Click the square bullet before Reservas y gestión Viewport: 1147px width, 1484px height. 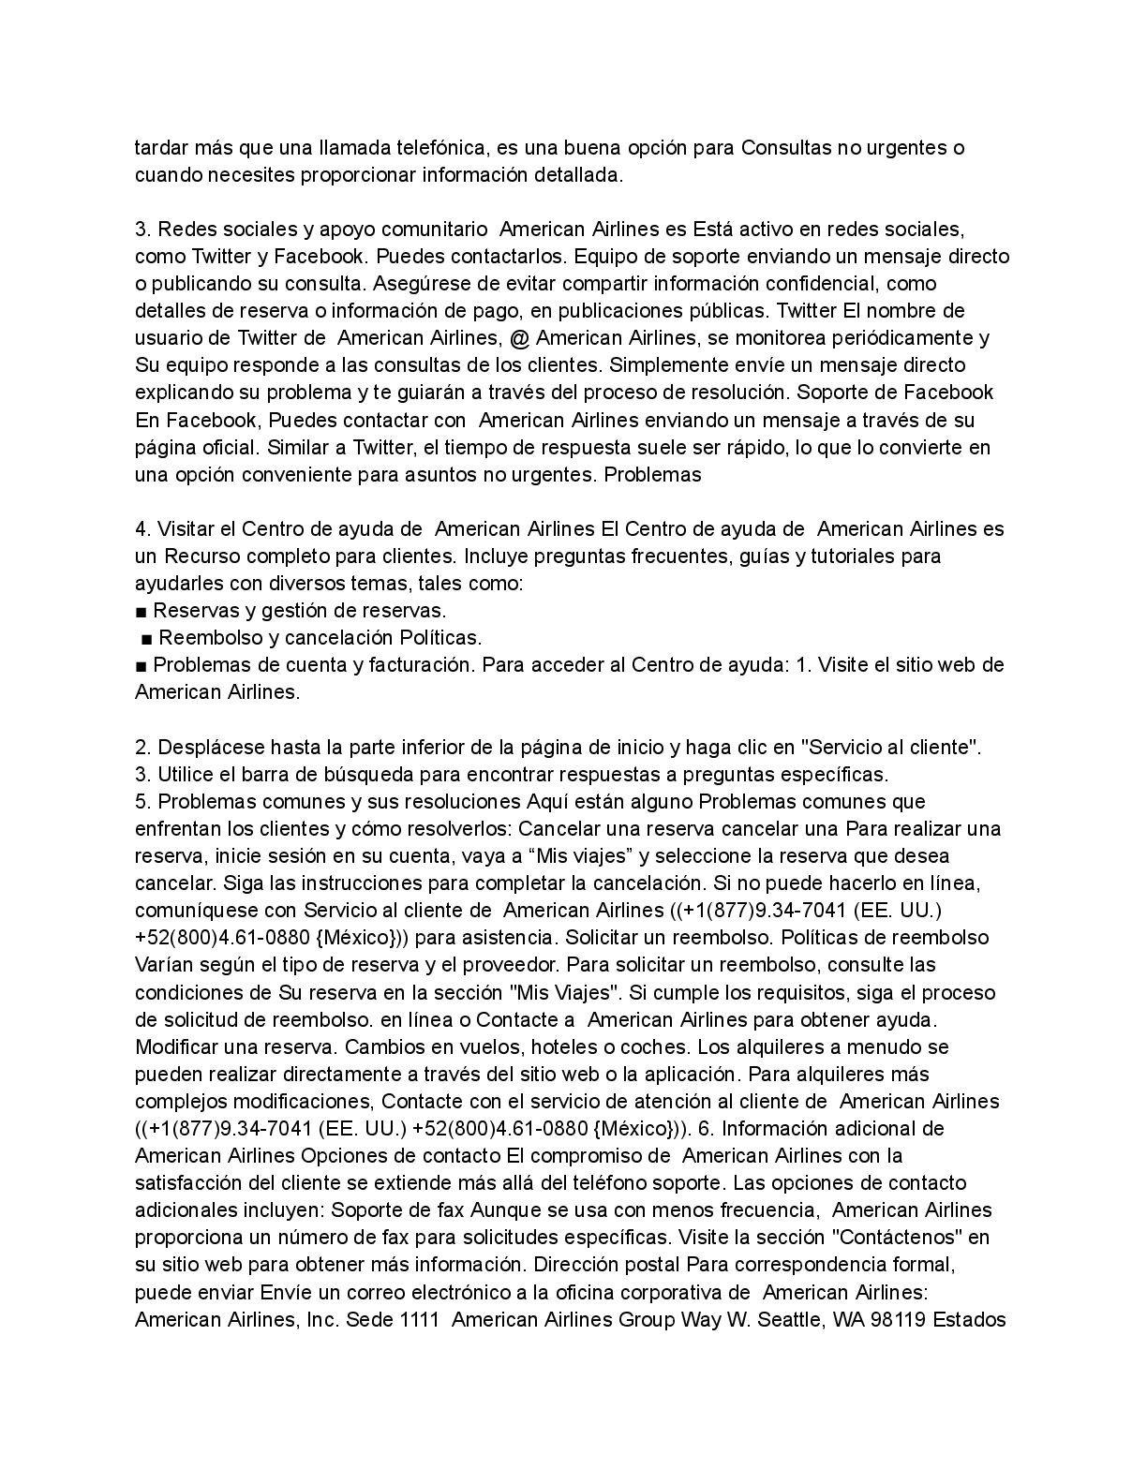(141, 611)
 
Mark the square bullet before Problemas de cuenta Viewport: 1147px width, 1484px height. (141, 665)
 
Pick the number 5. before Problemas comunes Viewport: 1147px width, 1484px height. (143, 801)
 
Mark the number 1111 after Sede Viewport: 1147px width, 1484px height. (421, 1320)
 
